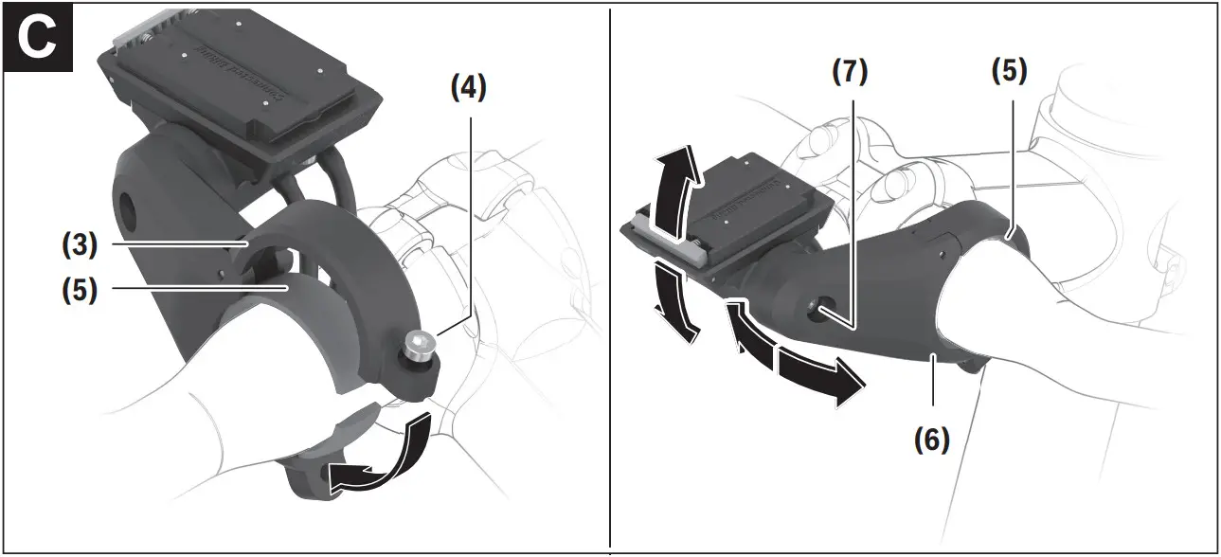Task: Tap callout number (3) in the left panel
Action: [81, 244]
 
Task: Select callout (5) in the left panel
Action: [81, 290]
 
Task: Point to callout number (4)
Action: [468, 90]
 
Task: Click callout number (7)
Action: [850, 74]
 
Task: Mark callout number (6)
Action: [932, 439]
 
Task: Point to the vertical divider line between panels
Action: [610, 284]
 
